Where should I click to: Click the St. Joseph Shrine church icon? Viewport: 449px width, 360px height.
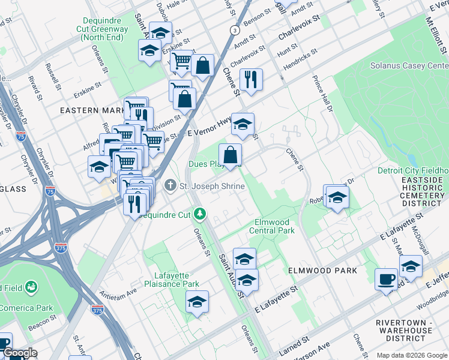(170, 186)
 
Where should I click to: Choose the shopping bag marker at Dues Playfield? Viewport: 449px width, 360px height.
(230, 155)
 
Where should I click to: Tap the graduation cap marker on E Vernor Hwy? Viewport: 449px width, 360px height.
(243, 125)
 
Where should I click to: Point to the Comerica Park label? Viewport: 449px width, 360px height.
(26, 308)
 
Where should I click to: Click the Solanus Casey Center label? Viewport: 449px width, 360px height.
(409, 66)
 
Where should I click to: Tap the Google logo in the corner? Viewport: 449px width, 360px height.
(20, 353)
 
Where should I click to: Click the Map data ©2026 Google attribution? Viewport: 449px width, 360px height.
(412, 355)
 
